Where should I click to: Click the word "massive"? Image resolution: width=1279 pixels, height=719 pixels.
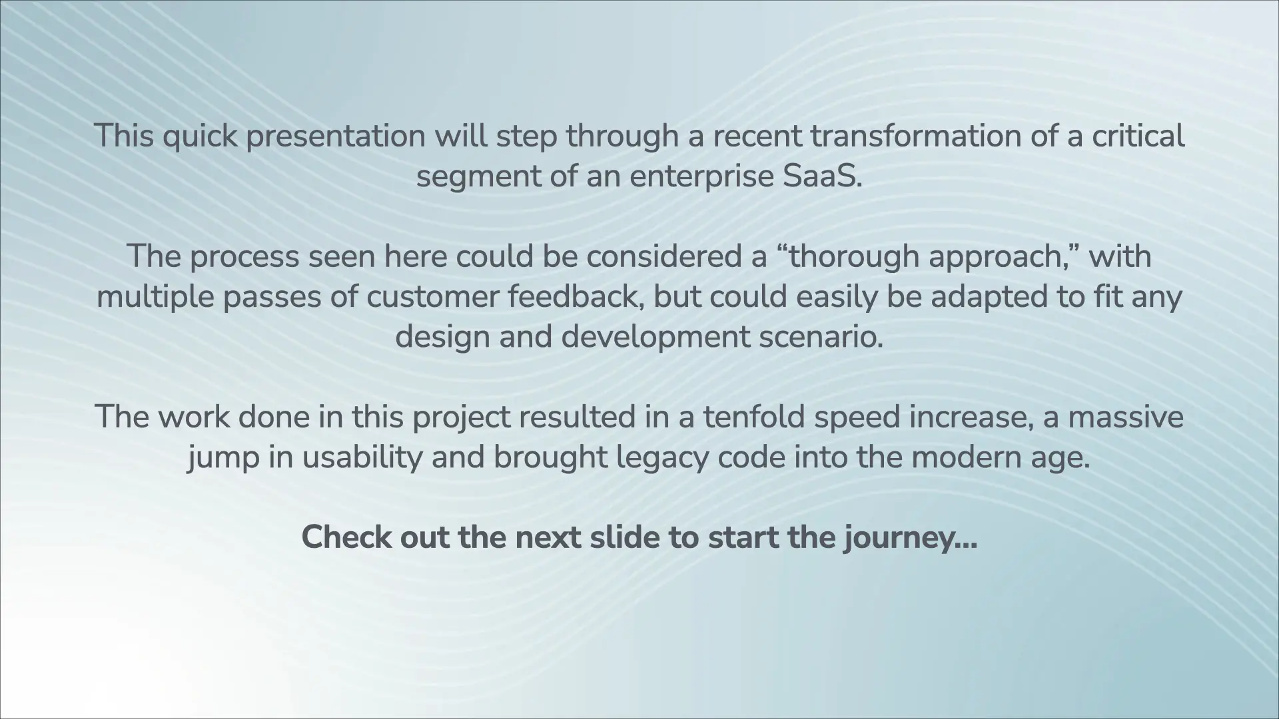pyautogui.click(x=1126, y=417)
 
